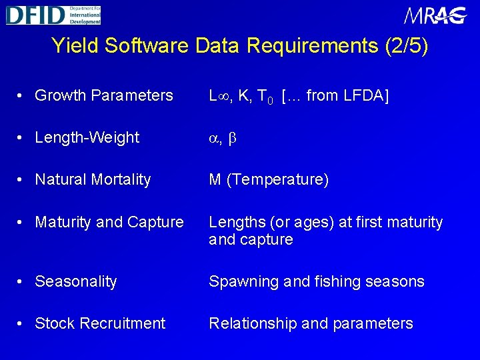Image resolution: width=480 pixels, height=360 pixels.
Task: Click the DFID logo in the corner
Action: click(x=53, y=14)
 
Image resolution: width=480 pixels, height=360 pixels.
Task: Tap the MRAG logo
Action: click(x=435, y=15)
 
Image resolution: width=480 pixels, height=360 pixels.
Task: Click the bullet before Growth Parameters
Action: click(x=22, y=96)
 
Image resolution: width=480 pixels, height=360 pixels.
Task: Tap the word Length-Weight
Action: click(x=87, y=137)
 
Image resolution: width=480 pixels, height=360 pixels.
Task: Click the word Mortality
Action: click(x=120, y=179)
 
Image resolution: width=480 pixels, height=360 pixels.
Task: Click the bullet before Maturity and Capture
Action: click(x=22, y=222)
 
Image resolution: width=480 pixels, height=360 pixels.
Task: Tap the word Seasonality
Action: click(x=75, y=281)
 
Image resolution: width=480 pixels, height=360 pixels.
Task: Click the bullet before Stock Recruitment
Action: click(x=22, y=323)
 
